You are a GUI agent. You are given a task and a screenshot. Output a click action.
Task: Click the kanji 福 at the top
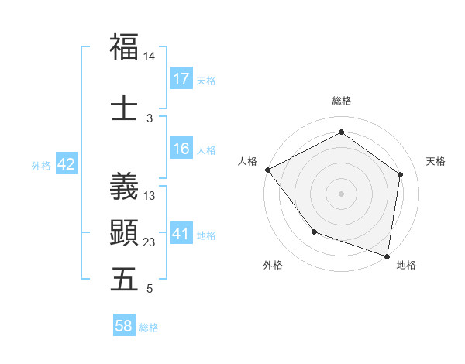tap(124, 46)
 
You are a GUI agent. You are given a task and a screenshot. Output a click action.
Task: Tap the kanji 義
tap(124, 186)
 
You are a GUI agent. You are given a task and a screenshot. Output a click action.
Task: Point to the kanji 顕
tap(124, 232)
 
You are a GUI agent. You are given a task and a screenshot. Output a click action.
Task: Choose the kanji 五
tap(124, 279)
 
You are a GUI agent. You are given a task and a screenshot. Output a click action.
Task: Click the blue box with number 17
tap(181, 79)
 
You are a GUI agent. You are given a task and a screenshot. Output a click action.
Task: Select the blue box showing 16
tap(181, 149)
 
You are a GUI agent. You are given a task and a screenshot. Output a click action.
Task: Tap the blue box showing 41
tap(181, 234)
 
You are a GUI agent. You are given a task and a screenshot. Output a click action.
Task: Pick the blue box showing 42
tap(66, 164)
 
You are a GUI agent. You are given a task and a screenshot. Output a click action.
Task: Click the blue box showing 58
tap(124, 326)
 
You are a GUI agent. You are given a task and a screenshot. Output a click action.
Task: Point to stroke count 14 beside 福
tap(150, 57)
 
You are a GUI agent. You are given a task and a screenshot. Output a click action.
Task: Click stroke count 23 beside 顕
tap(150, 242)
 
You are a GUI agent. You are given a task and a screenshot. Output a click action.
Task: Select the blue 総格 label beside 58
tap(149, 328)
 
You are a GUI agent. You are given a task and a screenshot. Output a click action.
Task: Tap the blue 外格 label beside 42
tap(41, 165)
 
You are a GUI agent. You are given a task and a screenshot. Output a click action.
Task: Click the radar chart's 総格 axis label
tap(341, 101)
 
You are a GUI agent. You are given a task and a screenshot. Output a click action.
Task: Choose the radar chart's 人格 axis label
tap(248, 161)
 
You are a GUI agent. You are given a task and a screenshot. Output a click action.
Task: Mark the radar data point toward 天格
tap(400, 174)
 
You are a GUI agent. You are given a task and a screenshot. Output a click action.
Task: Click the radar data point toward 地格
tap(387, 256)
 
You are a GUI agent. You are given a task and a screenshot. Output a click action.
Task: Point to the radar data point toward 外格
tap(314, 232)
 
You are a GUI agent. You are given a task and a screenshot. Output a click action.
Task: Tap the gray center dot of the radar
tap(341, 193)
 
